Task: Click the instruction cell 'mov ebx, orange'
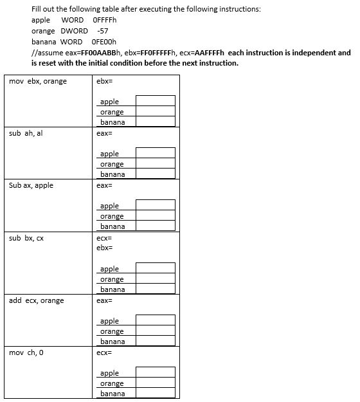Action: pos(38,81)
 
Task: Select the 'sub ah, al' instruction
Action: pos(26,133)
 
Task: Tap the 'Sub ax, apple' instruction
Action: pos(31,185)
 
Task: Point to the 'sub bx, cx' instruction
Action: pos(27,238)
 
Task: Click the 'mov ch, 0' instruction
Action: pos(26,352)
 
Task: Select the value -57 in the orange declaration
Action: pos(102,31)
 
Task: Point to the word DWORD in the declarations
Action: pos(74,31)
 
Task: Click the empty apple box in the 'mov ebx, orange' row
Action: pos(155,101)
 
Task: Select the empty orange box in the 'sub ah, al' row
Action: pos(155,163)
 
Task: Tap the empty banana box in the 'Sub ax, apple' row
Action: pos(155,226)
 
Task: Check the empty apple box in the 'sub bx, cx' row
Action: pos(155,268)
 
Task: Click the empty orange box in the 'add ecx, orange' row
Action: pos(155,331)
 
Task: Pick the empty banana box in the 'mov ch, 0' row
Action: pos(155,393)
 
